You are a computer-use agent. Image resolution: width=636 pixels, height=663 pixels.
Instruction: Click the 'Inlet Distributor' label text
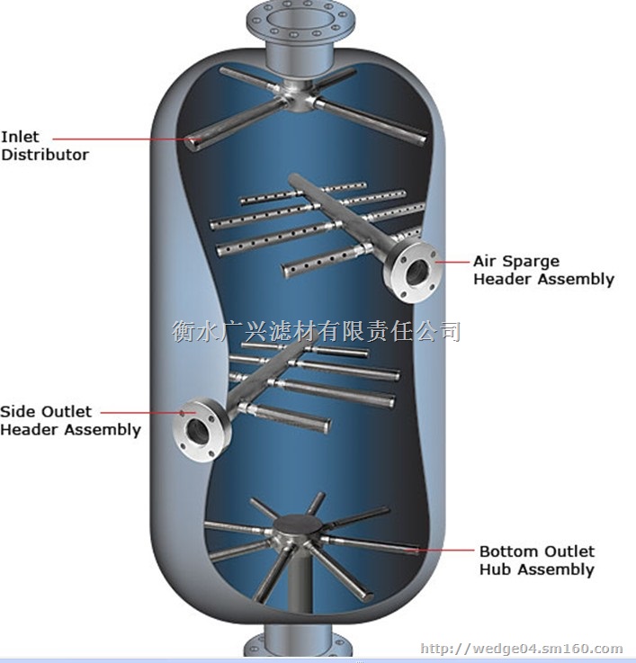point(45,146)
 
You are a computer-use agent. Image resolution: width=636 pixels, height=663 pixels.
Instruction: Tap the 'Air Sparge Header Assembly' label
point(544,270)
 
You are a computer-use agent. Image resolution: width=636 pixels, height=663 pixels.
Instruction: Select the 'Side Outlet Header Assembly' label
point(70,421)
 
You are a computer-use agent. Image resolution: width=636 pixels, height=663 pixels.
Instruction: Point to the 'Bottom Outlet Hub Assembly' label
point(537,560)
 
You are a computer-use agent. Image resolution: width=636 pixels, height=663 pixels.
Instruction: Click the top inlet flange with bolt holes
point(300,22)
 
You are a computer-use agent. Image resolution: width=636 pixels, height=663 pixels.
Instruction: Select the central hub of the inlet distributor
point(299,97)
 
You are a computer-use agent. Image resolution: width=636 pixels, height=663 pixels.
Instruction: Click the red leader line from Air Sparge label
point(452,262)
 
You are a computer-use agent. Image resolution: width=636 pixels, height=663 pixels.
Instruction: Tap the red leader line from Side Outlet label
point(148,412)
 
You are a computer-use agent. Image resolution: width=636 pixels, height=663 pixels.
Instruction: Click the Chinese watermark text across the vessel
point(317,331)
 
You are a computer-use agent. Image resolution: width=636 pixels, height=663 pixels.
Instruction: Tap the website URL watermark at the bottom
point(522,649)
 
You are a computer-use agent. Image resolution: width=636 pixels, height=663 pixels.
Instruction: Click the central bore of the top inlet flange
point(300,18)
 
